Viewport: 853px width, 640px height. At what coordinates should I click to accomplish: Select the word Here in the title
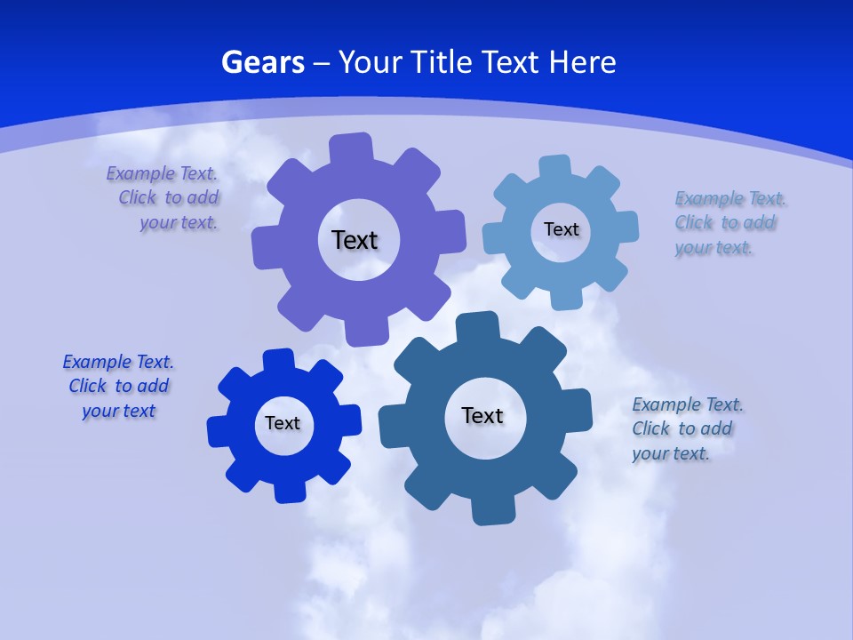pos(582,62)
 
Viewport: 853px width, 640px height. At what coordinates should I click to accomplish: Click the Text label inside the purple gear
pos(355,240)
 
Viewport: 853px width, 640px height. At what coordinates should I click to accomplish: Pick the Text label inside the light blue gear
pos(561,229)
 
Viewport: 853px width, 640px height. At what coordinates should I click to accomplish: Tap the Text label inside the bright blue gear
pos(283,423)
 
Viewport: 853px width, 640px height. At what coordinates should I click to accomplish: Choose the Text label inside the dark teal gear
pos(482,415)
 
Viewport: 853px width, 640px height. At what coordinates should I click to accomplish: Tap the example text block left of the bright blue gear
pos(118,386)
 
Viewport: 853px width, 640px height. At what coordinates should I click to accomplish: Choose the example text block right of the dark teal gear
pos(687,428)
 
